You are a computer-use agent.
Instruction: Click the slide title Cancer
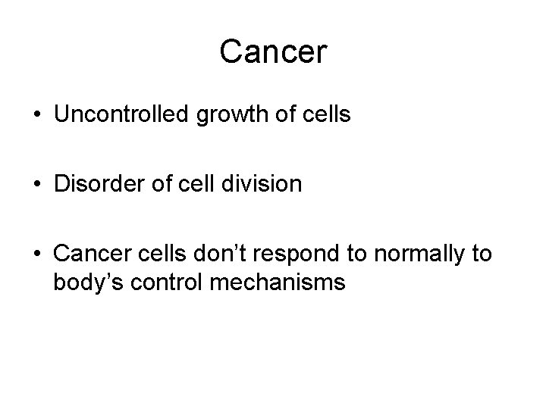coord(272,52)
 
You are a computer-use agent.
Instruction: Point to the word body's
coord(85,283)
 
